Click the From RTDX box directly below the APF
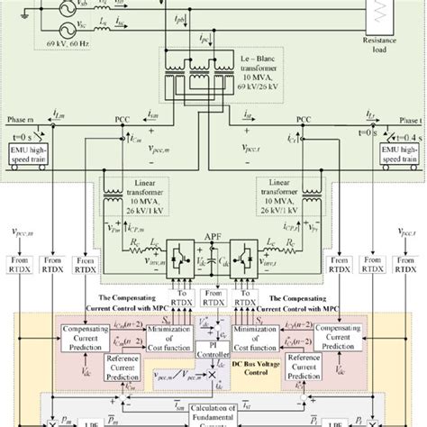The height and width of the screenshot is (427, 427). pos(213,295)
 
